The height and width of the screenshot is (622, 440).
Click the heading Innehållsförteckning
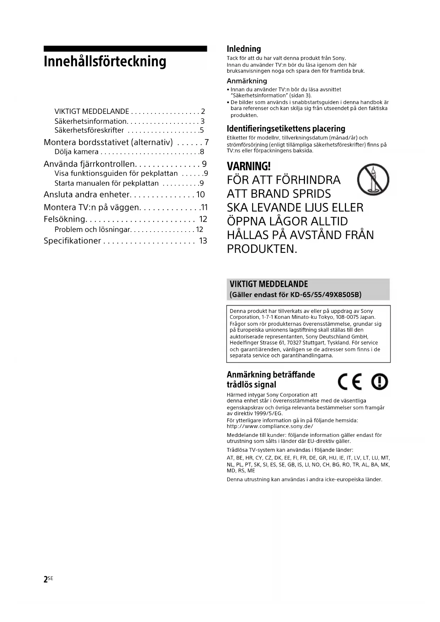(x=105, y=62)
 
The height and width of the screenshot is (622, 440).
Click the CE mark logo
(x=350, y=382)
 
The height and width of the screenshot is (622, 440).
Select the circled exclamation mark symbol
(x=379, y=382)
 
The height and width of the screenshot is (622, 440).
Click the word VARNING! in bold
(x=249, y=166)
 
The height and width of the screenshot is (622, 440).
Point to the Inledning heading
(x=244, y=49)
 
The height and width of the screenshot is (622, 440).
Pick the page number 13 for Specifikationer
(x=203, y=241)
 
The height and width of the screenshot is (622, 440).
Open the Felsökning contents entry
(x=65, y=219)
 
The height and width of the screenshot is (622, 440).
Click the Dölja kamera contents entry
(x=77, y=152)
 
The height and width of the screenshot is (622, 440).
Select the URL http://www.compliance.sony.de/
(x=270, y=426)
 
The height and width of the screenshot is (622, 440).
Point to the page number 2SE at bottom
(x=48, y=579)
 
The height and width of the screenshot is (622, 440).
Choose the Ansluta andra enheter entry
(x=87, y=195)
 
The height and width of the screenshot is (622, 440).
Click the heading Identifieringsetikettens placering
(x=286, y=128)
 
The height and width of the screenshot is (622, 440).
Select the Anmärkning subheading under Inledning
(x=247, y=81)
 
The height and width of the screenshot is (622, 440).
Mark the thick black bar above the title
(x=125, y=49)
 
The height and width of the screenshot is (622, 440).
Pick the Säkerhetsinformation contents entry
(x=90, y=121)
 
